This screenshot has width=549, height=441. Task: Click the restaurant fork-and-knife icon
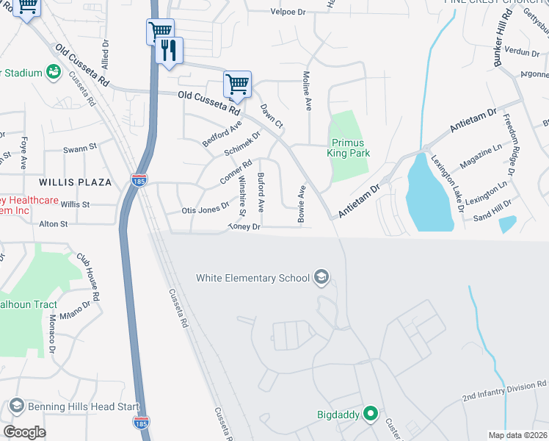coord(170,50)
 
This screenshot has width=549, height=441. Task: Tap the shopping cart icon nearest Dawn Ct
coord(237,85)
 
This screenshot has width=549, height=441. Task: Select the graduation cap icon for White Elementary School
coord(320,277)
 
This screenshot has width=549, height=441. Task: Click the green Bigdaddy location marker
coord(371,415)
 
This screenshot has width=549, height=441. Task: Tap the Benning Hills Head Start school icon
coord(15,406)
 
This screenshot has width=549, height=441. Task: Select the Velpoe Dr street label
coord(288,12)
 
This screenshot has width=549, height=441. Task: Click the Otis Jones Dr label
coord(206,209)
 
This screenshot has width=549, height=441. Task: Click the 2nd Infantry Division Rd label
coord(504,390)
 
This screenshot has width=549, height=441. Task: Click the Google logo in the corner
coord(24,432)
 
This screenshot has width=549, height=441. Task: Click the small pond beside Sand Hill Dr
coord(508,224)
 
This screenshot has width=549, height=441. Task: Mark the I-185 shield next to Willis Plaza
coord(138,179)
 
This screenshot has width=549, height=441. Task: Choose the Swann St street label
coord(80,148)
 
